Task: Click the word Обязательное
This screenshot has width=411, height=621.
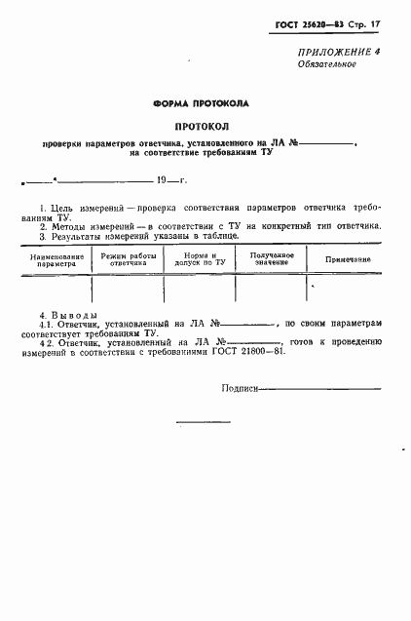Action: pos(326,64)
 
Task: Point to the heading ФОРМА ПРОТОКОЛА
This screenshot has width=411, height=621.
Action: pos(202,102)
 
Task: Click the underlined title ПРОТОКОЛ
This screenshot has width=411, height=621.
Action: pos(202,127)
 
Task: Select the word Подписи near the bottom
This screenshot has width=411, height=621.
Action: pos(240,387)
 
